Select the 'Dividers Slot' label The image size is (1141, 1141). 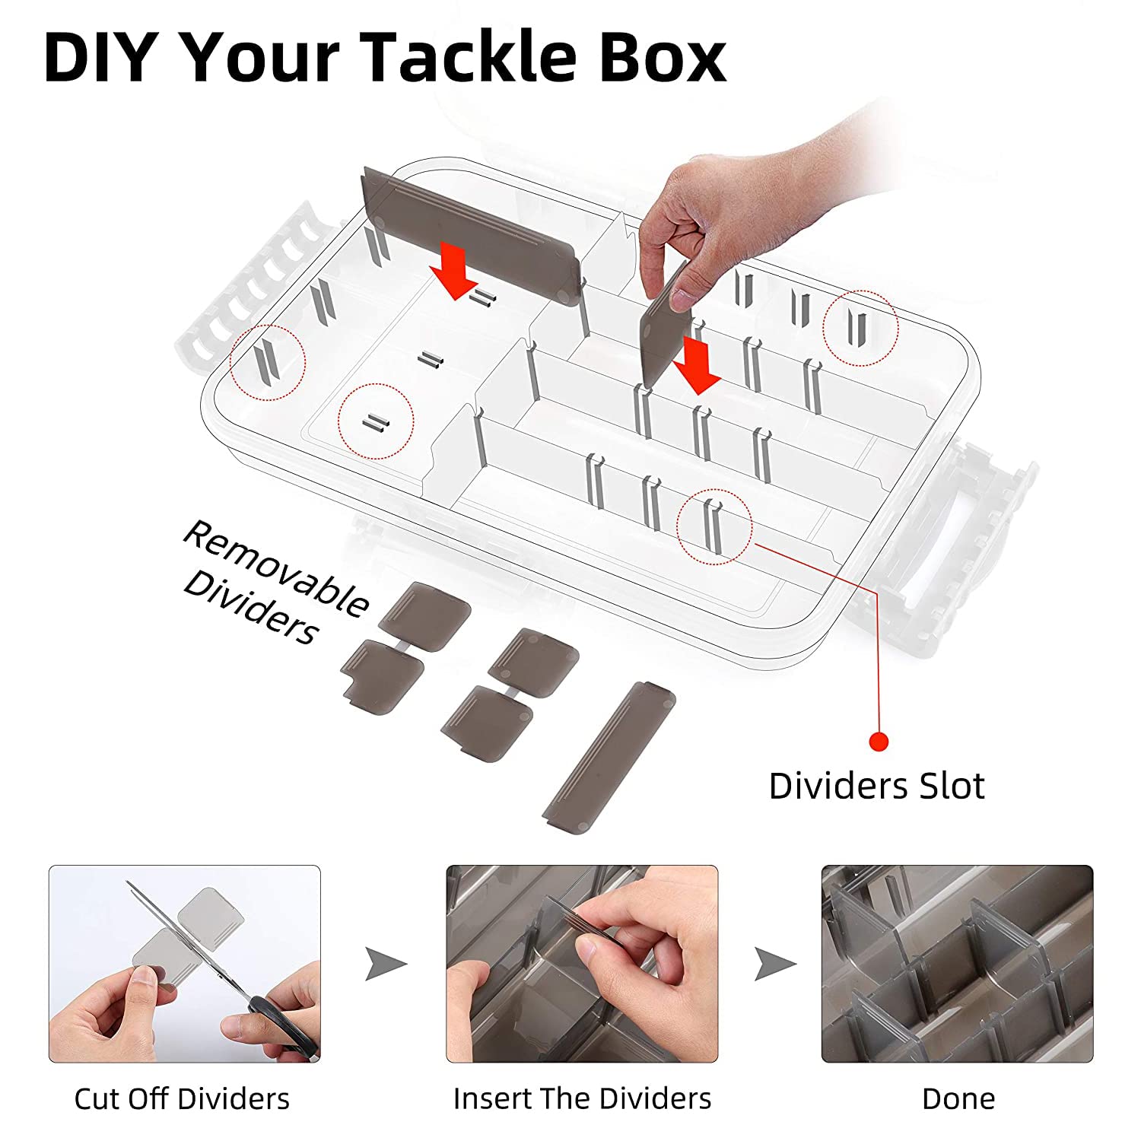point(876,786)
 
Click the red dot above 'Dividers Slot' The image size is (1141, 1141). point(879,741)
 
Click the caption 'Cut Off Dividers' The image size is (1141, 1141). point(182,1098)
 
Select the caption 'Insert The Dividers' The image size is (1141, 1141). point(582,1098)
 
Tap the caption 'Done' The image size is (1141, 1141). point(958,1098)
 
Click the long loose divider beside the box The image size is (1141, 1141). point(609,758)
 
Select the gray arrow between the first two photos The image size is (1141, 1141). point(386,964)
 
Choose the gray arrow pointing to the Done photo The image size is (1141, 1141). point(775,964)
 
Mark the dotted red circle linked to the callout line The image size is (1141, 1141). point(714,526)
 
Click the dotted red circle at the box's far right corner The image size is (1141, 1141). point(861,327)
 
